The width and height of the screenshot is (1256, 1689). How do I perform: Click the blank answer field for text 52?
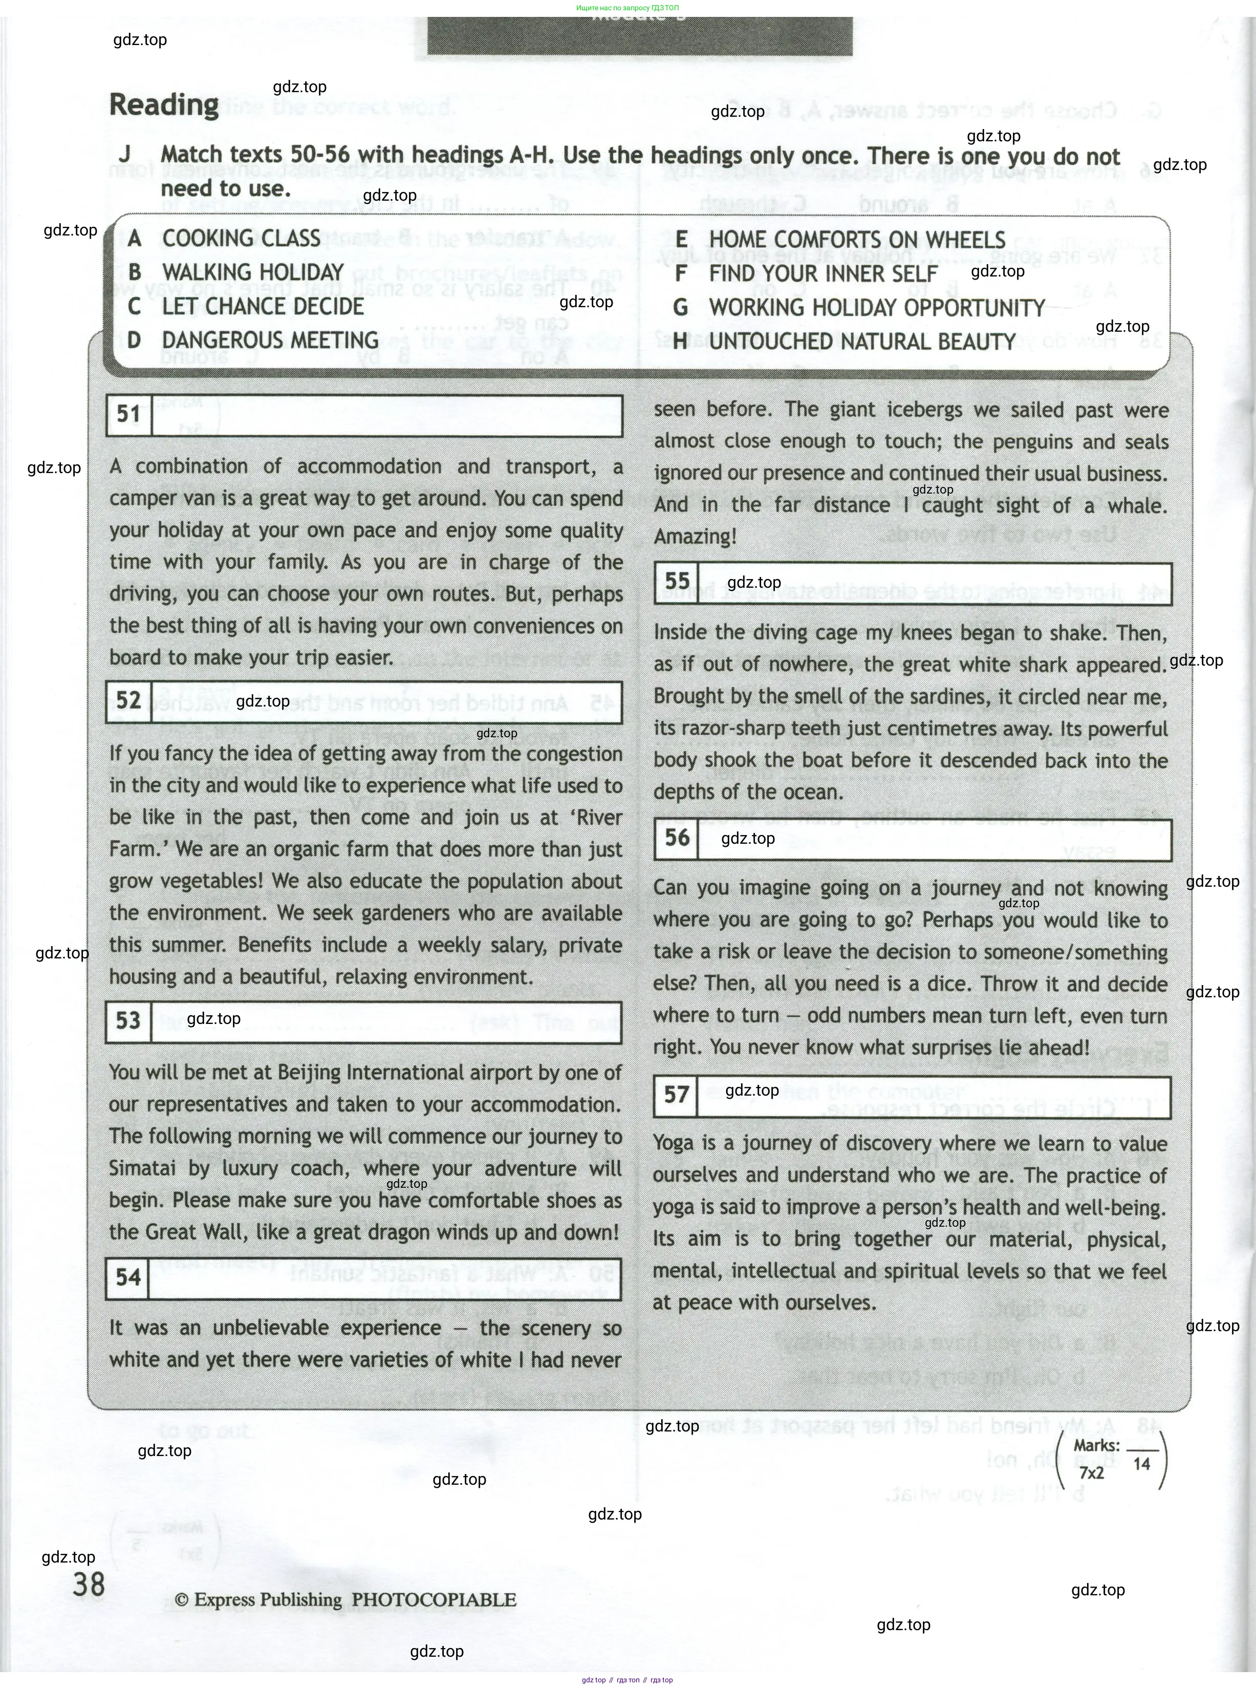(386, 702)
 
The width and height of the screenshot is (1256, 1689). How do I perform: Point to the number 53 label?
(128, 1020)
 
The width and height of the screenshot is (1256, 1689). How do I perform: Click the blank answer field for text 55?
(934, 583)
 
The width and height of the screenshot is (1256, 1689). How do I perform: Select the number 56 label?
(677, 838)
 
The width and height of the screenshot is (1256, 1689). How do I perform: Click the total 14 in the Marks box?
(1141, 1464)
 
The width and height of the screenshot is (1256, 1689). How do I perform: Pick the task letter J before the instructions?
(125, 155)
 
